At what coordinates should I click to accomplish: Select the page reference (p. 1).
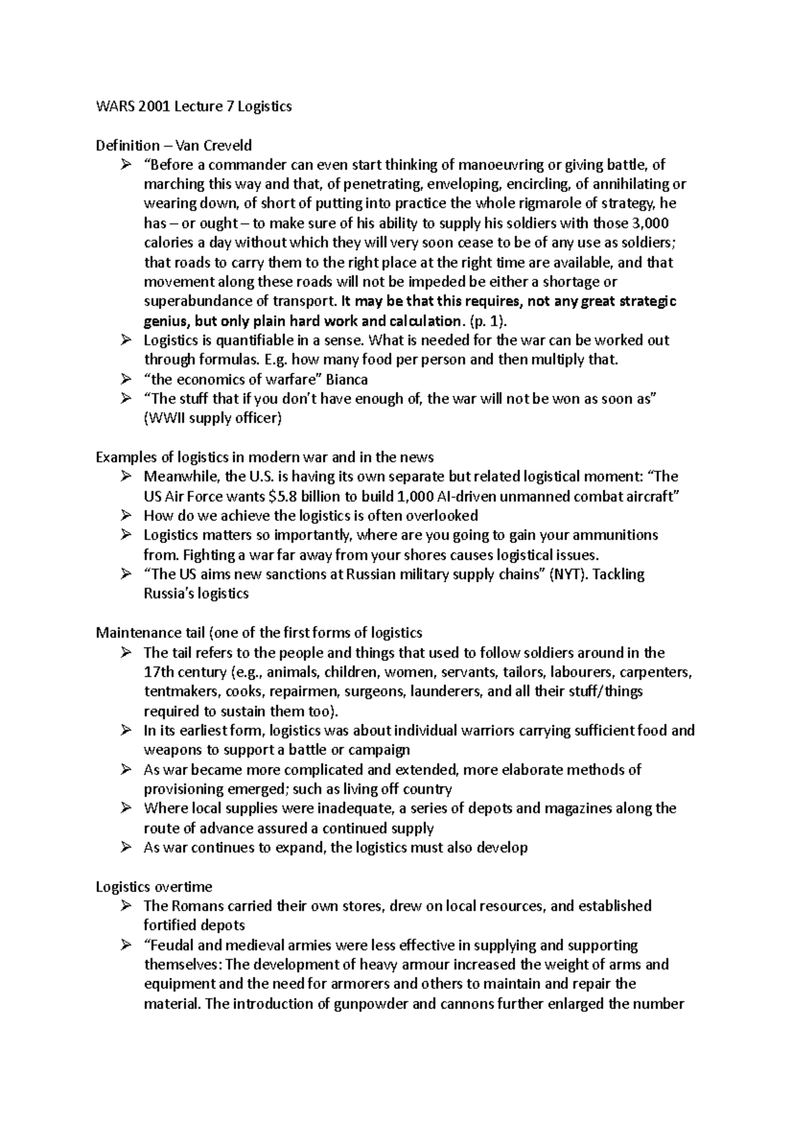point(488,321)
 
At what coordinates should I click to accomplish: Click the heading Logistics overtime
point(154,887)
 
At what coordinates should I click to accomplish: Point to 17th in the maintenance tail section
point(157,673)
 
